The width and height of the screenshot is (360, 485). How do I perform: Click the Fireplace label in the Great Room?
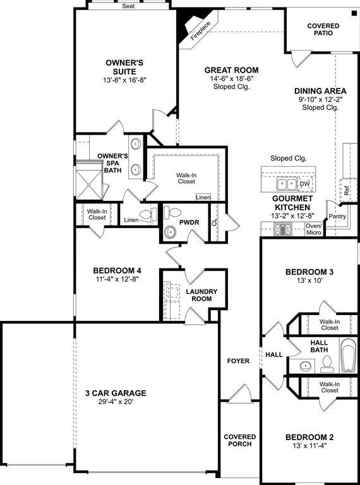point(200,31)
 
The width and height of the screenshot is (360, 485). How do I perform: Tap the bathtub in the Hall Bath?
point(349,356)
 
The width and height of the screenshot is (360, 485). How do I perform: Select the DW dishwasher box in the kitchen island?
point(305,184)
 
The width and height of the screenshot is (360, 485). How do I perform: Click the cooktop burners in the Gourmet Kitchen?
point(283,229)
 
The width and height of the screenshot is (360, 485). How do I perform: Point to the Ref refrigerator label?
point(347,192)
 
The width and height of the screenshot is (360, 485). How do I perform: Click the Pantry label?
point(337,217)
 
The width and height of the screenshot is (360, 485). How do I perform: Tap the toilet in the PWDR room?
point(172,212)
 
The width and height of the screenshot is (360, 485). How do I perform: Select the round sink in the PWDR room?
point(170,232)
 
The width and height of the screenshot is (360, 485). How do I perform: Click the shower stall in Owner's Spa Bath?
point(89,181)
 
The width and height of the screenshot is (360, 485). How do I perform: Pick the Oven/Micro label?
point(314,229)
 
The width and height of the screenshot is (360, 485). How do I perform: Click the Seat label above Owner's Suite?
point(128,6)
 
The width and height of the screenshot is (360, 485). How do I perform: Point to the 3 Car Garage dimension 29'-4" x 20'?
point(116,402)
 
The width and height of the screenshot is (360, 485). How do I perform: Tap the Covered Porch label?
point(240,440)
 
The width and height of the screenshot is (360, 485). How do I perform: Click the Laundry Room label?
point(201,295)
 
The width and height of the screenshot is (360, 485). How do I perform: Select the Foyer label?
point(238,361)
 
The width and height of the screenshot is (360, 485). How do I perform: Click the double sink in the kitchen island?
point(287,184)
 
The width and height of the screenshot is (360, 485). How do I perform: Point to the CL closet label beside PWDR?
point(215,222)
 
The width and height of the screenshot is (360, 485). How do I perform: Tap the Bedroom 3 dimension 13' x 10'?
point(309,280)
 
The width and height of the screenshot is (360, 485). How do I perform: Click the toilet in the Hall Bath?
point(326,364)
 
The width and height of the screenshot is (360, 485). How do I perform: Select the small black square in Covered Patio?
point(354,13)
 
